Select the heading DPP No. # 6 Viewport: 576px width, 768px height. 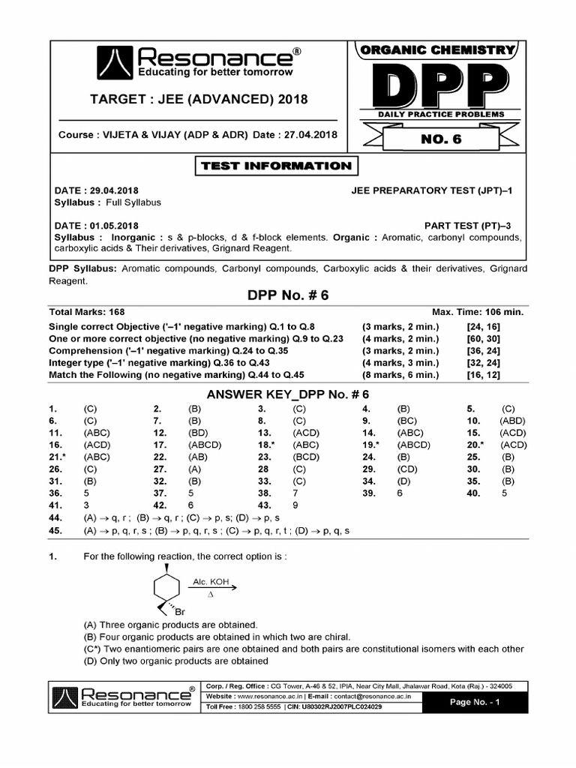click(288, 295)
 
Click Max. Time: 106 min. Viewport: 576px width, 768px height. click(477, 311)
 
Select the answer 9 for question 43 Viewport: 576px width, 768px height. click(295, 505)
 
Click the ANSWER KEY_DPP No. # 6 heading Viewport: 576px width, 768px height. click(288, 393)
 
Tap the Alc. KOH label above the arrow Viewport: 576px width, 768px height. click(210, 581)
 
